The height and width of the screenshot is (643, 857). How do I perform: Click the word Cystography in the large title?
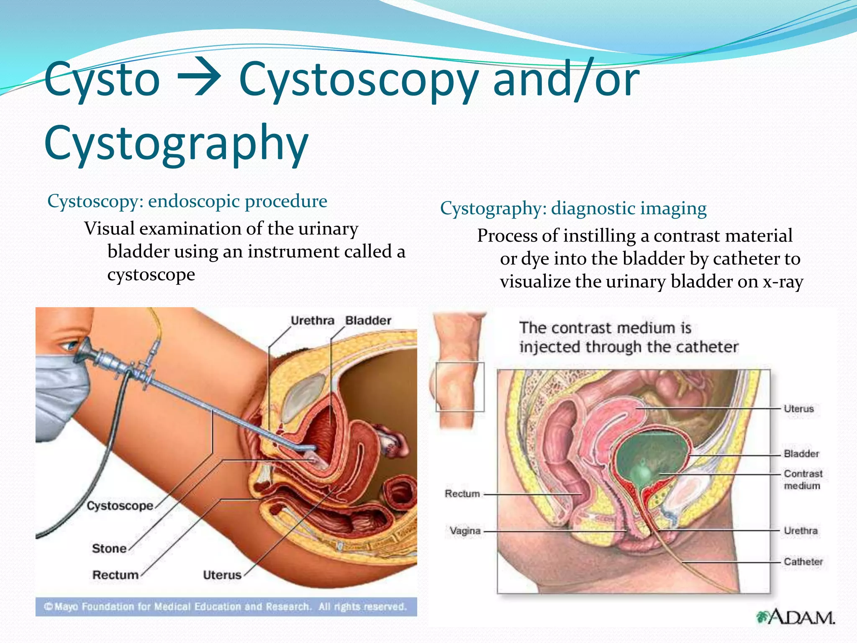176,143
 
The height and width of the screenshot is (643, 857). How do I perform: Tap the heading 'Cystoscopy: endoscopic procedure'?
187,201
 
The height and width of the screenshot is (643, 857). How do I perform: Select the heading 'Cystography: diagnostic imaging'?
573,208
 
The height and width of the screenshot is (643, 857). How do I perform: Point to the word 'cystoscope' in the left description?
151,275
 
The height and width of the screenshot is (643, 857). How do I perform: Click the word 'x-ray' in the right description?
783,282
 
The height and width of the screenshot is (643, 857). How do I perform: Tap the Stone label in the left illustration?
109,548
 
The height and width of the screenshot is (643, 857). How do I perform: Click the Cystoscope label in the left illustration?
120,506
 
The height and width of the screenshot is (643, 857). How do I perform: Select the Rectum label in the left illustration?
115,575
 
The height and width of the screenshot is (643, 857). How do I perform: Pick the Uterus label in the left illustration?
222,575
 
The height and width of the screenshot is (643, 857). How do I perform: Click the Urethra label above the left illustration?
312,321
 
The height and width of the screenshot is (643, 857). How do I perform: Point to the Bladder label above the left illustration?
368,321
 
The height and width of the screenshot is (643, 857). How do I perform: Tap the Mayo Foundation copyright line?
226,607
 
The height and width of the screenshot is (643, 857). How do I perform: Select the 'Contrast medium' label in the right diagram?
802,480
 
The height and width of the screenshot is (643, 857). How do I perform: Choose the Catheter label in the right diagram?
803,562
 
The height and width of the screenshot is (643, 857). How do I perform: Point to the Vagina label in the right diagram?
464,531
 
